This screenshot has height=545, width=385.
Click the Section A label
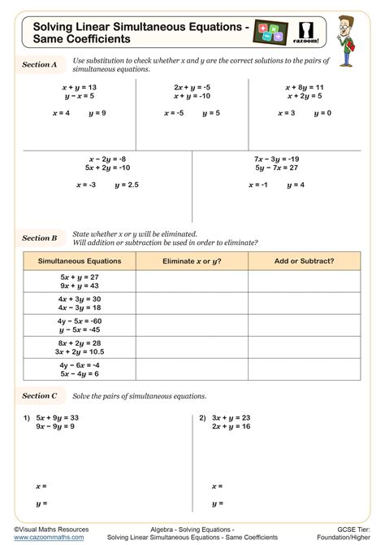(40, 64)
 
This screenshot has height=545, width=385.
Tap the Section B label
(40, 238)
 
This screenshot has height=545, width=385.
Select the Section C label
(40, 395)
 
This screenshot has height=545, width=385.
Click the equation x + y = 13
(80, 86)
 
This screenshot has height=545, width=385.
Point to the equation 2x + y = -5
(192, 86)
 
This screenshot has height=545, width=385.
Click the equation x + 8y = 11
(305, 86)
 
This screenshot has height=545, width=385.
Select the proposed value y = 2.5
(127, 185)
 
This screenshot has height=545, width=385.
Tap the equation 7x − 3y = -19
(277, 159)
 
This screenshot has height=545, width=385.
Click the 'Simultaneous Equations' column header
(80, 261)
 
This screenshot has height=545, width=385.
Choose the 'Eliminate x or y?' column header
(192, 261)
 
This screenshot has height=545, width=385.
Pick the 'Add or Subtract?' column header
(305, 261)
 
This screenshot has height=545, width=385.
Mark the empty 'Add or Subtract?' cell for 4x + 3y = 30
(305, 303)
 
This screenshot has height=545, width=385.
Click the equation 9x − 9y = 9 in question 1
(55, 426)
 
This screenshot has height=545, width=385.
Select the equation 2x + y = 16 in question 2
(231, 426)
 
